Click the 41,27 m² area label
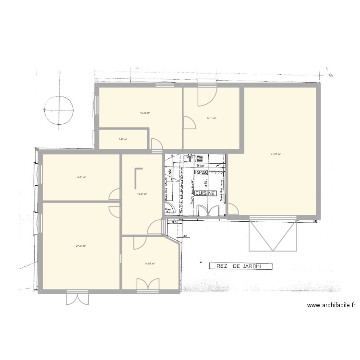point(276,154)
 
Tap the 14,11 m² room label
point(211,118)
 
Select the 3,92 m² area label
point(122,140)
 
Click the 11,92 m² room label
point(150,263)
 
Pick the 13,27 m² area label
point(142,194)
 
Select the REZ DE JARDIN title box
point(241,266)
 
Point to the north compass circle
point(58,110)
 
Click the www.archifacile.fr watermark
point(331,305)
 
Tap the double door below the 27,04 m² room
point(77,298)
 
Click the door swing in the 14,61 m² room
point(114,194)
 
